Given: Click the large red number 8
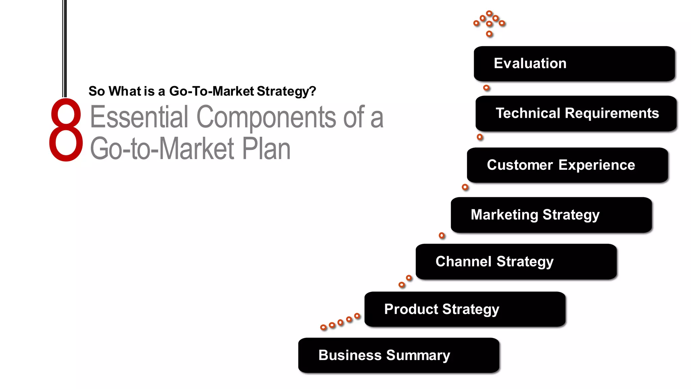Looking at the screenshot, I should [66, 130].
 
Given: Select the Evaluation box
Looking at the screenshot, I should [574, 64].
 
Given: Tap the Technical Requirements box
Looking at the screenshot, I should [576, 113].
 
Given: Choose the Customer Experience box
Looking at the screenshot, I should [567, 165].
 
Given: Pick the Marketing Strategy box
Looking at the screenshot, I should [551, 215].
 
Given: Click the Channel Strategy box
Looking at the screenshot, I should [516, 262].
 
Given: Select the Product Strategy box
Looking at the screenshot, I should [465, 309].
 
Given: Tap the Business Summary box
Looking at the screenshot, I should [398, 355].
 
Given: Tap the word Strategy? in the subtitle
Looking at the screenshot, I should [286, 91].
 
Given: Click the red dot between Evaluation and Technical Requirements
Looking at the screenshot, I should [486, 88].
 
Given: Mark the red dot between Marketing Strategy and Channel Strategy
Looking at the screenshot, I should [442, 236].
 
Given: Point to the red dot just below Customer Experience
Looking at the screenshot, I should [465, 187].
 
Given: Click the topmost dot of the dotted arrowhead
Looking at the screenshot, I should [489, 14].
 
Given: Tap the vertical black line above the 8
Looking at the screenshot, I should [64, 47].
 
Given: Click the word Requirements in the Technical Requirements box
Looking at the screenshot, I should [612, 113].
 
